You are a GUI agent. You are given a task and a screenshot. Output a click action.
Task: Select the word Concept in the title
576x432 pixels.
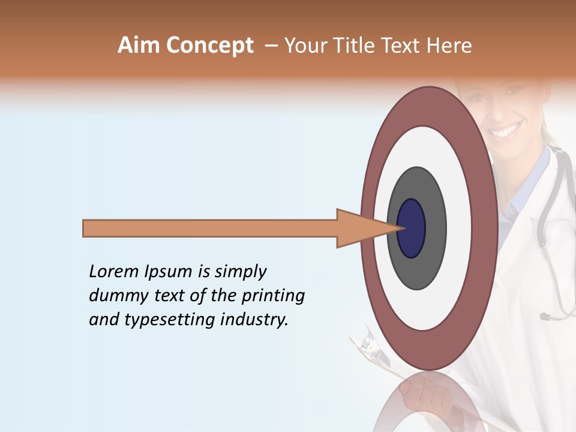209,46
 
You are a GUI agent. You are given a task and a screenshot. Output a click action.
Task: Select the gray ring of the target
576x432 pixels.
434,228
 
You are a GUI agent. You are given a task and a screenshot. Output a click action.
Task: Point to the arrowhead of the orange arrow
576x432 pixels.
360,228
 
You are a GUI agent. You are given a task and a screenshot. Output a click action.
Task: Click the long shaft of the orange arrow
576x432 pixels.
210,228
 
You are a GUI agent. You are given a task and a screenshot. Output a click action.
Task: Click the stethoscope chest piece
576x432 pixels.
545,316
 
